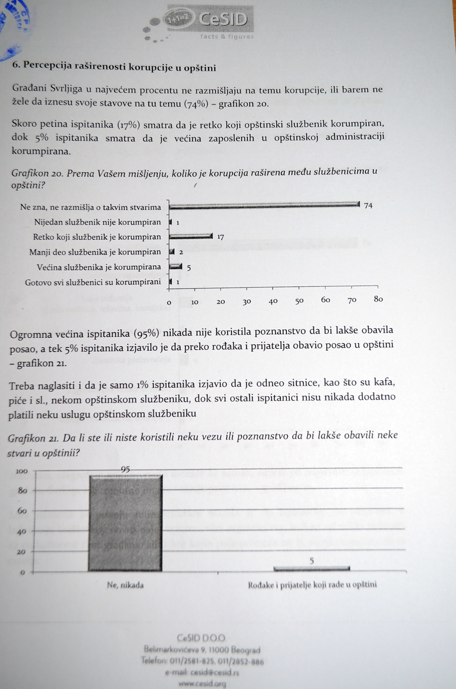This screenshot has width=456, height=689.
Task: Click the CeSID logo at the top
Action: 210,21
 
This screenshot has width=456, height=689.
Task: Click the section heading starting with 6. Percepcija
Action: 114,67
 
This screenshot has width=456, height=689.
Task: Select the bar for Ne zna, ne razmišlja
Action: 263,205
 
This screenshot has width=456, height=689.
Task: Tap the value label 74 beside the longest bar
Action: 368,205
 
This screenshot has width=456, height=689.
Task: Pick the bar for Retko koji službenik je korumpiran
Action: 191,236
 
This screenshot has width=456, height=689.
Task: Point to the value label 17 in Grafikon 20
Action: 220,237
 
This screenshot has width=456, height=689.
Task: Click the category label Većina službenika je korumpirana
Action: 99,267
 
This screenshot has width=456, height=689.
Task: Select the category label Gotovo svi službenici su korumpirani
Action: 93,282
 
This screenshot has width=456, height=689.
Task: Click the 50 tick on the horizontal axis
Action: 299,301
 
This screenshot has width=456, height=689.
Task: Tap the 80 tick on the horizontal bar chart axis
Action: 378,299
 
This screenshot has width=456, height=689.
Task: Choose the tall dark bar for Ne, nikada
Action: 125,523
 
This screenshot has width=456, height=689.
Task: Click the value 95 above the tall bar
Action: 125,469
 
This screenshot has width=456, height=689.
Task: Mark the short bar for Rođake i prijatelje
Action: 312,568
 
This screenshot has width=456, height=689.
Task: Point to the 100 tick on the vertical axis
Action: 22,471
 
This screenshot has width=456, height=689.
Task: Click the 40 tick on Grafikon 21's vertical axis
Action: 22,532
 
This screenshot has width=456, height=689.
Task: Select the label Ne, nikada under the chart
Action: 125,585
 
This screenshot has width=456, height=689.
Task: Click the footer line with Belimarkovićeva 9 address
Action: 202,649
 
